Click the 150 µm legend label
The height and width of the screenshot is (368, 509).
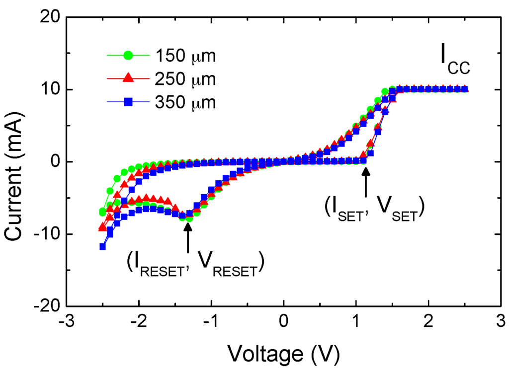[184, 56]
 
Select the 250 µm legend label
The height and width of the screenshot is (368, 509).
[184, 79]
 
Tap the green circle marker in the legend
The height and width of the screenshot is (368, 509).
[128, 56]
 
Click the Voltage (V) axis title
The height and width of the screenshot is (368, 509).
[283, 353]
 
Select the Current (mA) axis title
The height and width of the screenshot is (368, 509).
[15, 162]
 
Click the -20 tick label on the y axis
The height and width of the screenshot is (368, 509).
[46, 307]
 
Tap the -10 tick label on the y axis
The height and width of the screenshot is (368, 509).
[46, 234]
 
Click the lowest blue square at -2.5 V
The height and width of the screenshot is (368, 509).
[102, 246]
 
